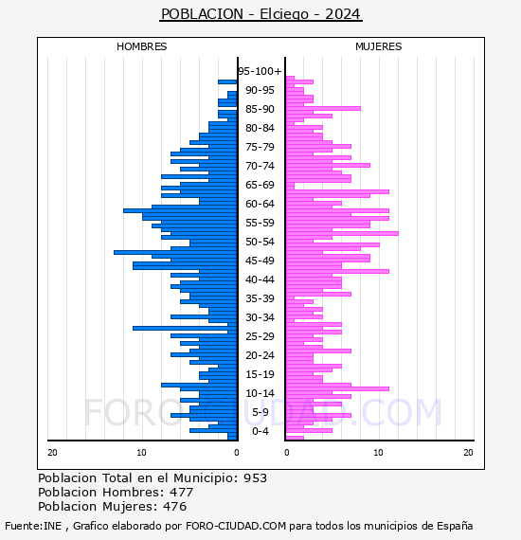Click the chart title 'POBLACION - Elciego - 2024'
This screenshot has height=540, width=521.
click(260, 14)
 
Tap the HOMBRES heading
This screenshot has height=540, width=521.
click(141, 46)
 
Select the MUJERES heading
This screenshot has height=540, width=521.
click(379, 46)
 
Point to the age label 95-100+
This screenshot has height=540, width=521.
click(260, 71)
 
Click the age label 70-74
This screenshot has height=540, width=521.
click(260, 166)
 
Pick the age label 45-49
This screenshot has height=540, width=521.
click(260, 261)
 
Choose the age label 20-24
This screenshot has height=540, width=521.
click(260, 355)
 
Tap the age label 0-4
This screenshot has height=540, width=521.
click(260, 431)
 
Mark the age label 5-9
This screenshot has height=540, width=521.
click(260, 412)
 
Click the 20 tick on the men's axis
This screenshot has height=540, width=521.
click(52, 453)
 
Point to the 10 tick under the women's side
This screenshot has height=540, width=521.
click(379, 453)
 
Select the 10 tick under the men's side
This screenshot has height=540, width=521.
click(141, 453)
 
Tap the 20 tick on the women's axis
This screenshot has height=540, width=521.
click(468, 453)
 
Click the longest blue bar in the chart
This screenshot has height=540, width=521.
click(175, 253)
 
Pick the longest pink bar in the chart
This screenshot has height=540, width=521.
click(342, 233)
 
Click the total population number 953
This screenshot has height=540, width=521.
click(255, 478)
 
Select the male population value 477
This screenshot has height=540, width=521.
click(182, 493)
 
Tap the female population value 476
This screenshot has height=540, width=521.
click(174, 507)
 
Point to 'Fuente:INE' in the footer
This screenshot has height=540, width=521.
click(33, 526)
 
